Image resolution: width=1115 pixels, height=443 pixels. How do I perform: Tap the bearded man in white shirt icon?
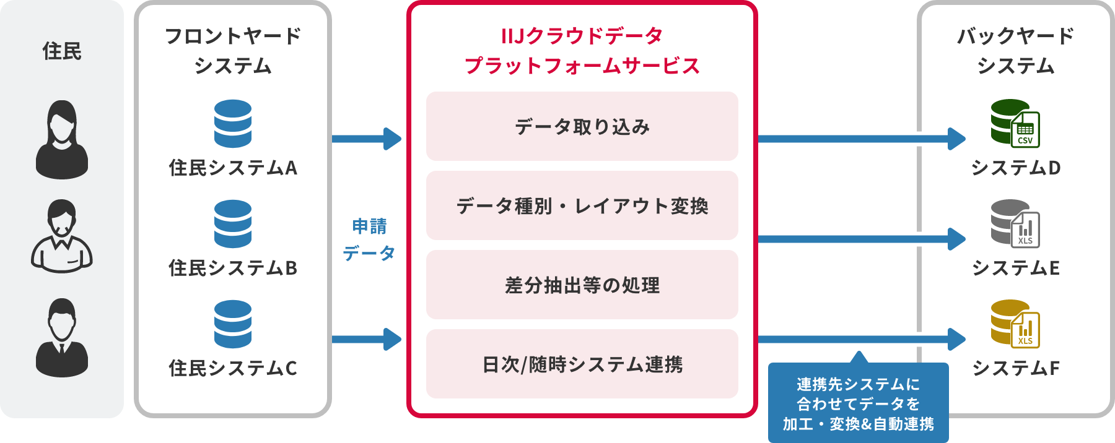point(62,236)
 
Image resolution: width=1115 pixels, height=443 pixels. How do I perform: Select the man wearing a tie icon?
point(62,338)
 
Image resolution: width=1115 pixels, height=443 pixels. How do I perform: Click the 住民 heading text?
point(62,51)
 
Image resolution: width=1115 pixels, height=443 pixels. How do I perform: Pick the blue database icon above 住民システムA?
point(233,124)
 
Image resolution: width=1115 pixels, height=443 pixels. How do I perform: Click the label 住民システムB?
point(233,268)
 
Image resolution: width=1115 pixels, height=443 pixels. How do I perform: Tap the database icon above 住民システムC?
point(233,324)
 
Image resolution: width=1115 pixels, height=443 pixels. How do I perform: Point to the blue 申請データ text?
point(369,240)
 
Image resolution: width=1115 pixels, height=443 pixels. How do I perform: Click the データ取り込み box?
point(582,126)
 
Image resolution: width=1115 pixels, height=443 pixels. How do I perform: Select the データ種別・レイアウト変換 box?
point(582,205)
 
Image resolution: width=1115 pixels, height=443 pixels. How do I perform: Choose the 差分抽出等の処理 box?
point(582,285)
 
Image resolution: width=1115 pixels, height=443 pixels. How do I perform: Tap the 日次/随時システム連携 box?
point(582,364)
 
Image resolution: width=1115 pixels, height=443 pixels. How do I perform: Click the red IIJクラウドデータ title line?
point(582,36)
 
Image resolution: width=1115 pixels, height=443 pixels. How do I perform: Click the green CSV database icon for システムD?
point(1014,123)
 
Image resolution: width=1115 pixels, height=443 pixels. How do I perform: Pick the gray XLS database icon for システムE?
point(1014,223)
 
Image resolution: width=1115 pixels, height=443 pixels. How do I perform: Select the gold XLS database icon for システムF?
point(1014,324)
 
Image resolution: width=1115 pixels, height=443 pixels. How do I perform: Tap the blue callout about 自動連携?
point(858,403)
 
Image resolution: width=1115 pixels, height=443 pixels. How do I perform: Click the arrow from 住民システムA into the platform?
point(368,139)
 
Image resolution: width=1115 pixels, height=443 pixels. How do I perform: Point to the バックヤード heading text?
point(1015,36)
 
